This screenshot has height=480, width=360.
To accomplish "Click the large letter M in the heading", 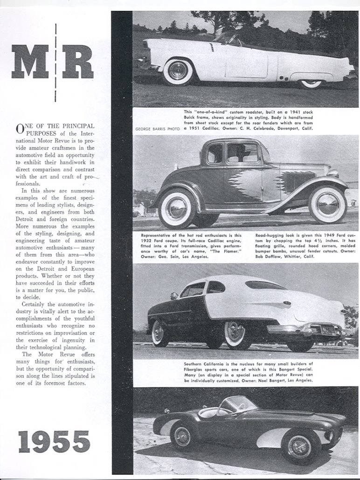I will click(30, 61).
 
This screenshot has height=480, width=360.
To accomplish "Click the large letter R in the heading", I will click(78, 61).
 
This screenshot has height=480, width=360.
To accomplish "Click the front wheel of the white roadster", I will click(178, 71).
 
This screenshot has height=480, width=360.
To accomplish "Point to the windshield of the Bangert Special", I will click(238, 404).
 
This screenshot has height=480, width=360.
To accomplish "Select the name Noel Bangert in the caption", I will click(281, 380).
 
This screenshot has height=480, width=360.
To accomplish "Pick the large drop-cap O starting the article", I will click(20, 129).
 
